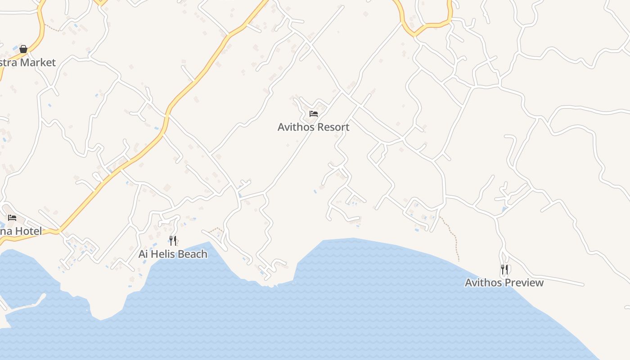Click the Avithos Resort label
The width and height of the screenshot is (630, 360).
[313, 127]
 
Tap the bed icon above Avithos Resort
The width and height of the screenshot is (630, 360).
[314, 114]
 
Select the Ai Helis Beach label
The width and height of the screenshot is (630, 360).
[173, 254]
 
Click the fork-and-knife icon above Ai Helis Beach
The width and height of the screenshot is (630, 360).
[173, 240]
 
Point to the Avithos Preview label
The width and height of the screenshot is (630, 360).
[504, 283]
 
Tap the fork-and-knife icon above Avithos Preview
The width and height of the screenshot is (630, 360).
[504, 270]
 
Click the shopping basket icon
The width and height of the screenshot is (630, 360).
[23, 49]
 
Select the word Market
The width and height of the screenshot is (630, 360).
[38, 63]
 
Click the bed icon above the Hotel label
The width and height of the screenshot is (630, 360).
[12, 218]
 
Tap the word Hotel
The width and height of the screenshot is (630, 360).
[29, 231]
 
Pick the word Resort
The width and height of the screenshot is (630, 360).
[333, 127]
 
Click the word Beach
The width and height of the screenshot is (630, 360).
[192, 254]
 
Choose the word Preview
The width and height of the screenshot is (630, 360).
[524, 283]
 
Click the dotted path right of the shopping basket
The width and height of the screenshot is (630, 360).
[52, 28]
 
